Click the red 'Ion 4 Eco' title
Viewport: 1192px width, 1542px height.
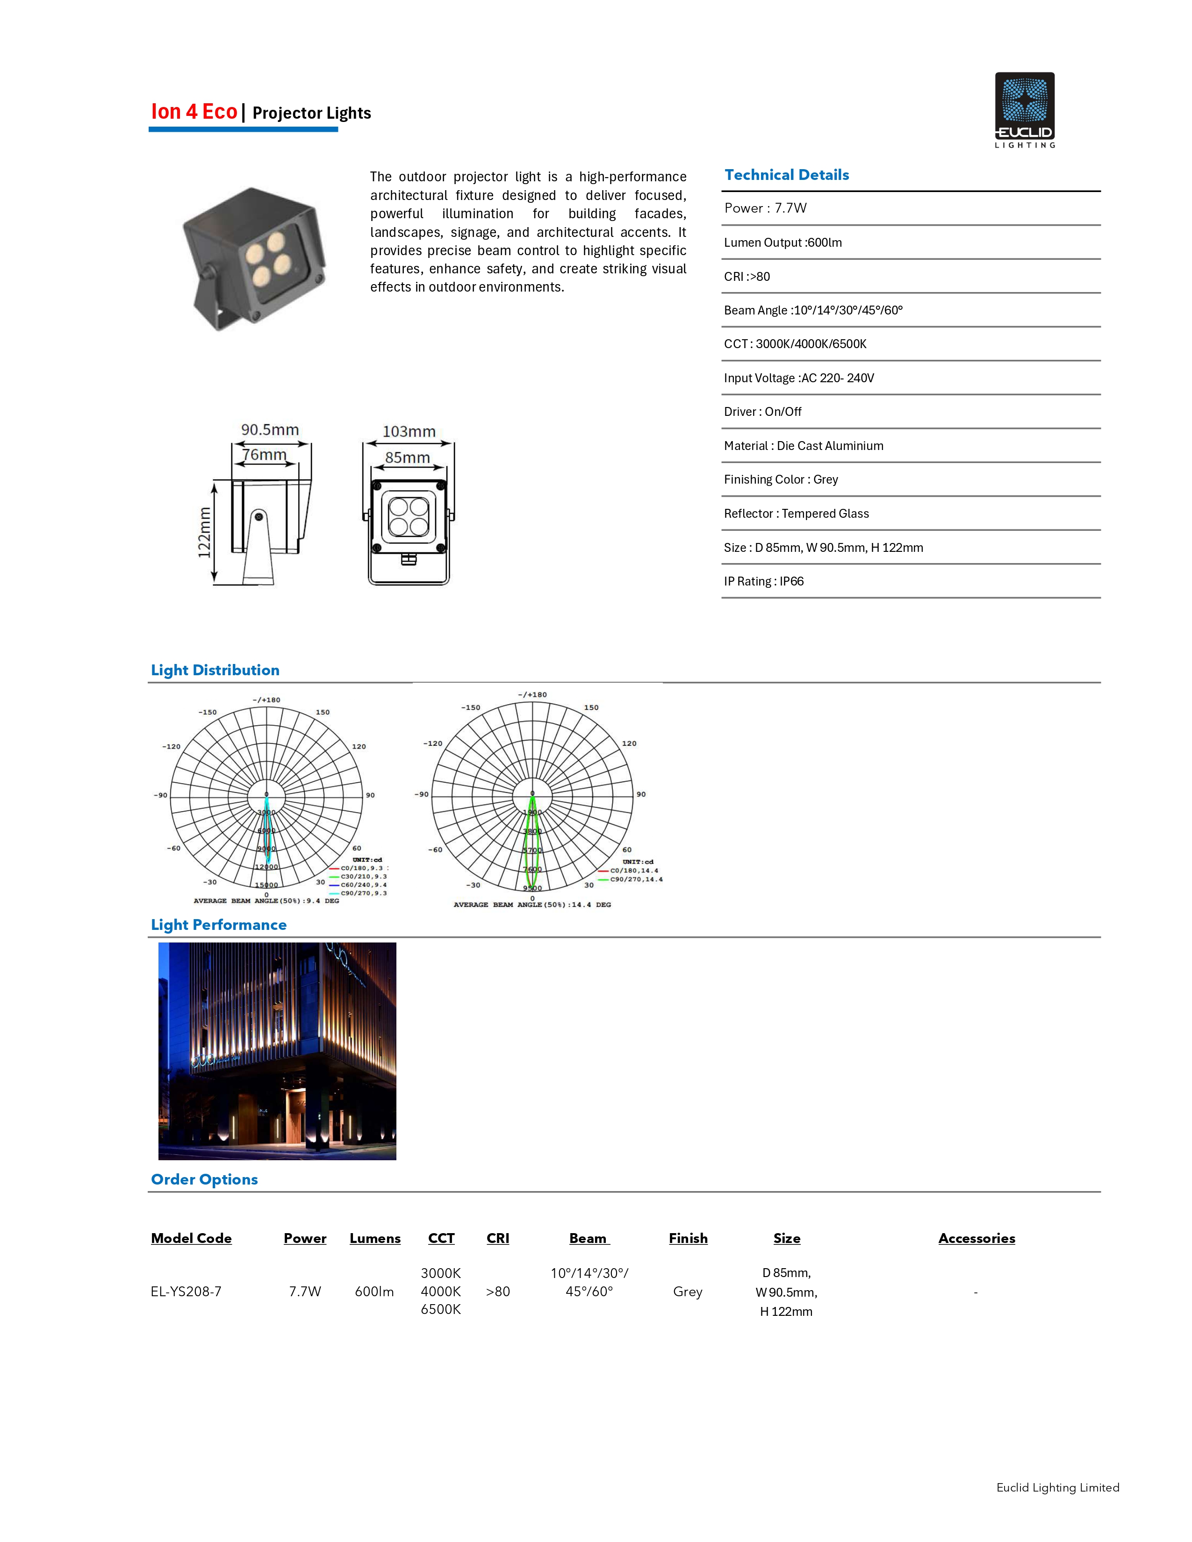[194, 112]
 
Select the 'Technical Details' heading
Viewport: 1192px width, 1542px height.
[787, 175]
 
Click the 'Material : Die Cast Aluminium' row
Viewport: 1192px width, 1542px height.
[804, 445]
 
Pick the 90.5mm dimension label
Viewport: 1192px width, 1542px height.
[270, 429]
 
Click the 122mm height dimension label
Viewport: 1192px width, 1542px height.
[205, 532]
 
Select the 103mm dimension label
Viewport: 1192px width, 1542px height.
[409, 431]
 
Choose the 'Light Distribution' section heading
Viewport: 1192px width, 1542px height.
[215, 670]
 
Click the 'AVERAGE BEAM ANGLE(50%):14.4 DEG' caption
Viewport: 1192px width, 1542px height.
[532, 905]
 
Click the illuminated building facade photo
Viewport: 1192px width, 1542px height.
[277, 1050]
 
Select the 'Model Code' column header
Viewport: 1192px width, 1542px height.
[191, 1238]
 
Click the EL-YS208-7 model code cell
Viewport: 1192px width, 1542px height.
[186, 1292]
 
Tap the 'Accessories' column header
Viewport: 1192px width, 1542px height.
[977, 1238]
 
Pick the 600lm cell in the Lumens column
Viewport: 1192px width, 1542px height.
[374, 1292]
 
